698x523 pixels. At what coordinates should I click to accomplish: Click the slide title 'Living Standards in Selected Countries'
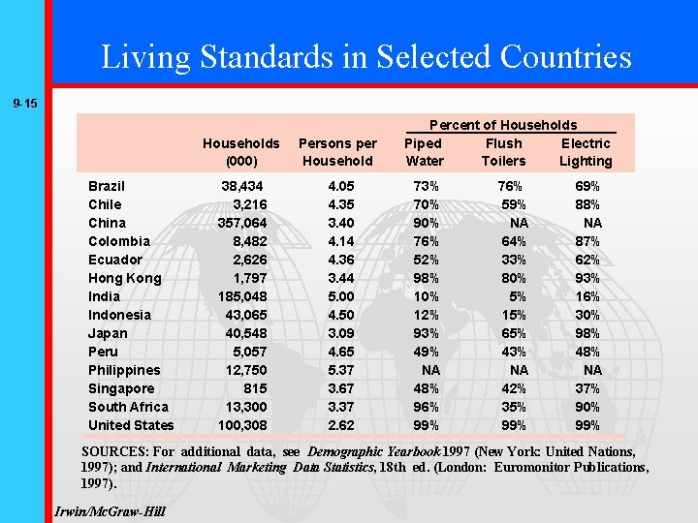(x=366, y=56)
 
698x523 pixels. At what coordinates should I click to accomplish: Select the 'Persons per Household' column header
(x=337, y=152)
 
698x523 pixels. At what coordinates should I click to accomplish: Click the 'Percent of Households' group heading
(x=502, y=125)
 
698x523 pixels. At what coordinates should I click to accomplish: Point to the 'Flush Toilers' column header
(x=503, y=152)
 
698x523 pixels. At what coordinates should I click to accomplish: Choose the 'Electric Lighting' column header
(x=586, y=152)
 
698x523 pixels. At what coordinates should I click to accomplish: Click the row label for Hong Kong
(x=124, y=278)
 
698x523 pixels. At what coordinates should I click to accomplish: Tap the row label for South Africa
(x=128, y=407)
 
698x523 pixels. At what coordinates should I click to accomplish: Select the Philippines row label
(x=124, y=370)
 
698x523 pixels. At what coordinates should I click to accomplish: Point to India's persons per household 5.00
(x=341, y=296)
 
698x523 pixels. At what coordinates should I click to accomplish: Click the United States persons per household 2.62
(x=341, y=425)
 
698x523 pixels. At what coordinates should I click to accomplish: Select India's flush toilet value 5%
(x=518, y=296)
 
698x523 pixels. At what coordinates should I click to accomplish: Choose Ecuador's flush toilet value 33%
(x=513, y=260)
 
